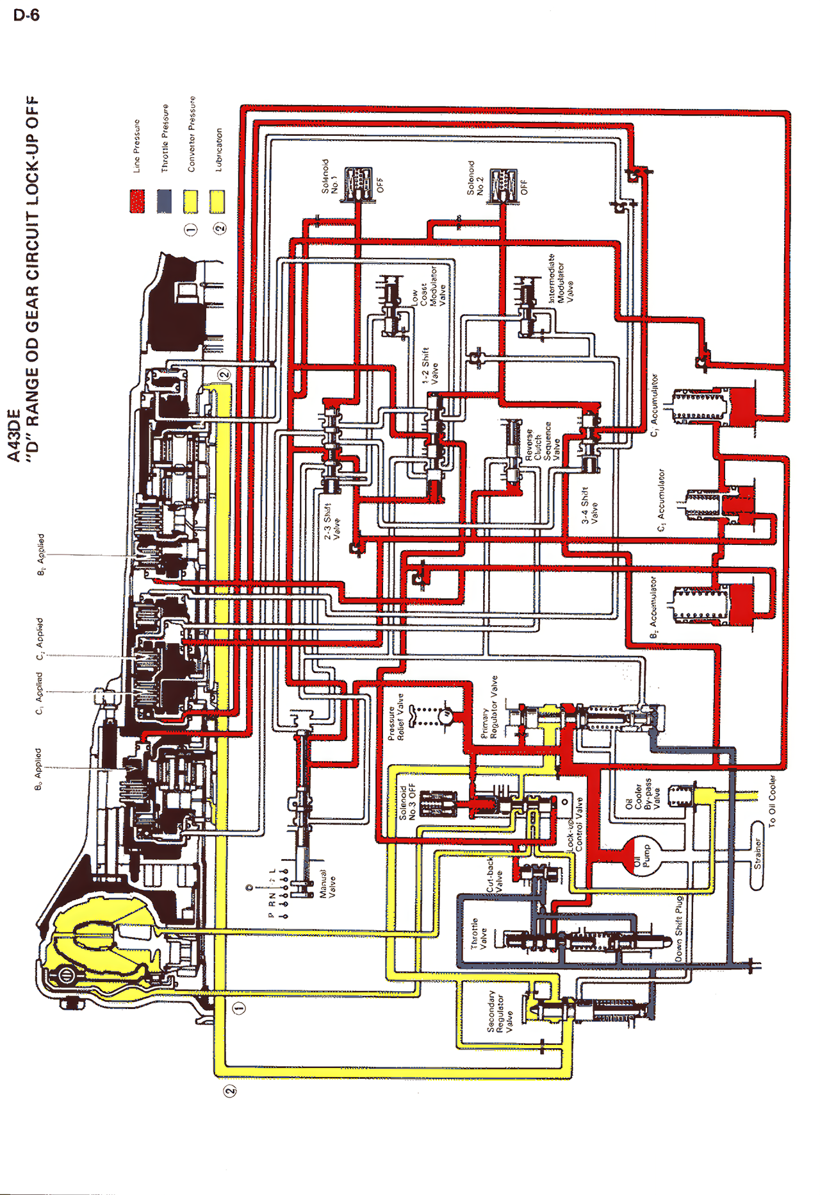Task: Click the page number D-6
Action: [x=26, y=15]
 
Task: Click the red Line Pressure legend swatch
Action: [x=137, y=201]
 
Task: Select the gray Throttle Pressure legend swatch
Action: [x=165, y=201]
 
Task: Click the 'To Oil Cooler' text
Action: [x=773, y=801]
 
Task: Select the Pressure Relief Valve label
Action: [x=396, y=717]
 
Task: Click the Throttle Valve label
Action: [x=479, y=933]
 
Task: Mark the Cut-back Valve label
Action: [x=495, y=876]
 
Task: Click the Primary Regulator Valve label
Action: [x=489, y=706]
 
